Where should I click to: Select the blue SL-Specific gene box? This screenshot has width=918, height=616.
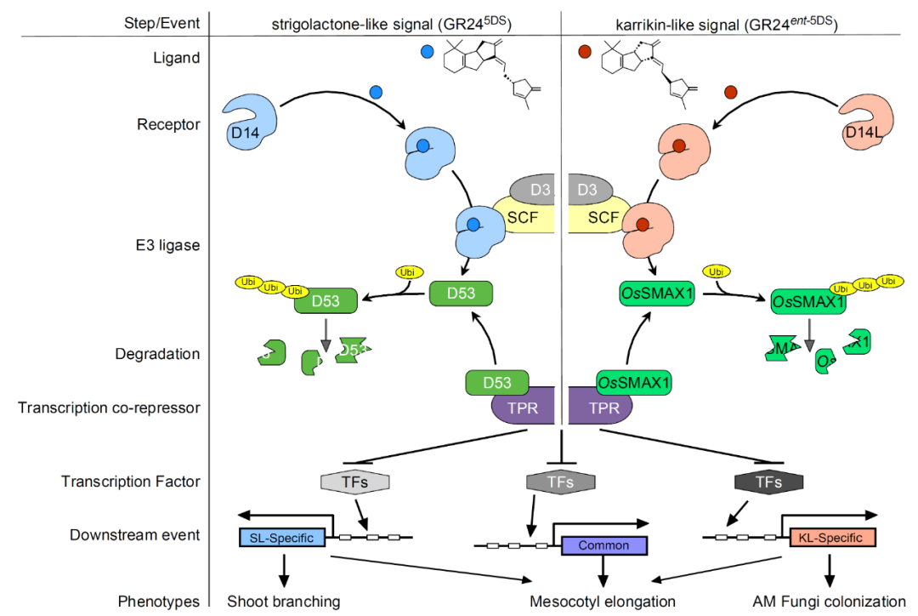click(281, 538)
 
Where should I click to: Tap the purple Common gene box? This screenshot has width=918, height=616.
click(604, 545)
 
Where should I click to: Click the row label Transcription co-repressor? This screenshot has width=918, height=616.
click(109, 408)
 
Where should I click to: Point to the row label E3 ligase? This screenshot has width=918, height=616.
click(168, 246)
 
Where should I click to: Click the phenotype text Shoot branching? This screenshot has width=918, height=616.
click(283, 602)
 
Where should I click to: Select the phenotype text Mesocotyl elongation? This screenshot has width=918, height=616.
click(602, 602)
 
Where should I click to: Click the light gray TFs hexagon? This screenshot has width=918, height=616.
click(355, 482)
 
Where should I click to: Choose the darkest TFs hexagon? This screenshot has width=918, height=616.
click(769, 482)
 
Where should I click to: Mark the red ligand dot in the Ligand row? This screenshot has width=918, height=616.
click(584, 53)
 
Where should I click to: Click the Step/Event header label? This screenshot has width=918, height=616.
click(161, 23)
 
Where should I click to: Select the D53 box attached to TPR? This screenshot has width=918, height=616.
click(497, 383)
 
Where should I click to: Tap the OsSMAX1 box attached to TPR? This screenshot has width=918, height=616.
click(634, 383)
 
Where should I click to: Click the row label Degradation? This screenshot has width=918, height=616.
click(157, 354)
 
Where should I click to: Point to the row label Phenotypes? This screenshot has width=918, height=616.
click(159, 602)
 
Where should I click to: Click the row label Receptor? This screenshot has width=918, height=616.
click(168, 125)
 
